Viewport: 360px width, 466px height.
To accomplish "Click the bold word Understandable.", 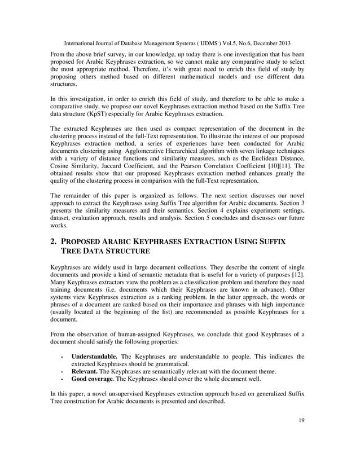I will pyautogui.click(x=94, y=357).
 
